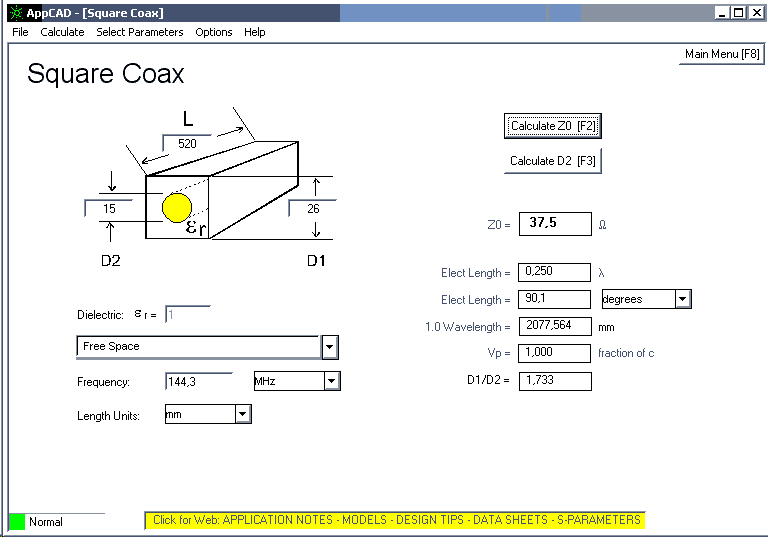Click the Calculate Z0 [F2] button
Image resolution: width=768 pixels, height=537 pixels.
[x=552, y=126]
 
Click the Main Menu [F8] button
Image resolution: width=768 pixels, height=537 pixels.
[x=721, y=54]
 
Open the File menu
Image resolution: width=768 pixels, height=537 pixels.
[x=20, y=32]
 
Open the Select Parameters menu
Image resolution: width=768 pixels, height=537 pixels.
[x=140, y=32]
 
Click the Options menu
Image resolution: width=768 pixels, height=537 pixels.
[x=214, y=32]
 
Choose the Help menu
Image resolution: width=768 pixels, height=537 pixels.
[x=255, y=32]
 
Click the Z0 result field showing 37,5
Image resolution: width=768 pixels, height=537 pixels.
[x=555, y=224]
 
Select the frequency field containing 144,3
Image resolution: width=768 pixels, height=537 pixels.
[x=199, y=381]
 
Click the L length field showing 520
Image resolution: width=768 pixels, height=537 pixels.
[x=187, y=144]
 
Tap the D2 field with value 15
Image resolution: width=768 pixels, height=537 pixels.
[x=109, y=208]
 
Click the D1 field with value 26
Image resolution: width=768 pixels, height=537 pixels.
[x=312, y=208]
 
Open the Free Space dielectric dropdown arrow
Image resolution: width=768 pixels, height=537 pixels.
[x=330, y=347]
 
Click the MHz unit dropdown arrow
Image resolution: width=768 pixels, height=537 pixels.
[x=332, y=381]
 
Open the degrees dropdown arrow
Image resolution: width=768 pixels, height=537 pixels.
[x=683, y=299]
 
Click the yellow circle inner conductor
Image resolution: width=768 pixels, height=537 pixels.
[x=177, y=208]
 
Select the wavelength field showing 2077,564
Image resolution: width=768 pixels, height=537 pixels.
[x=555, y=326]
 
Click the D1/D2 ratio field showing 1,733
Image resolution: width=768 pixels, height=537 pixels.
[x=555, y=381]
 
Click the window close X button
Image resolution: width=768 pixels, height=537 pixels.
[x=756, y=13]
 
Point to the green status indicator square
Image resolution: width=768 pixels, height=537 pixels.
[x=17, y=522]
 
